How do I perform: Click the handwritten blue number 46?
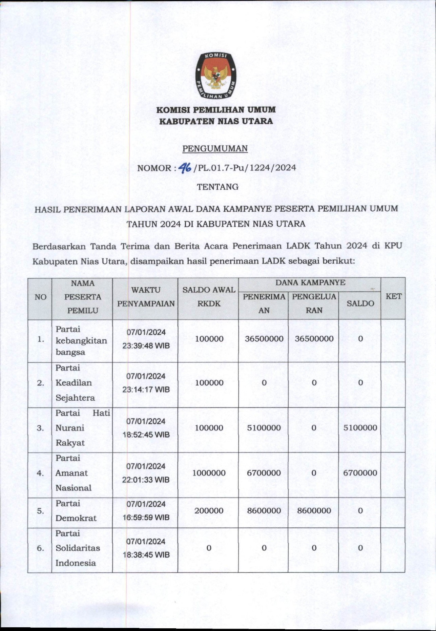tap(185, 167)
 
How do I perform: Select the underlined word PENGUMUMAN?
tap(215, 148)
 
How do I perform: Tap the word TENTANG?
tap(217, 187)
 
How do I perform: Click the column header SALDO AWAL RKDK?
tap(209, 297)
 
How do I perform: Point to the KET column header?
tap(393, 297)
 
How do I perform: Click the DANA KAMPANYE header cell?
tap(310, 283)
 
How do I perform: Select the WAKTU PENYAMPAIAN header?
tap(146, 297)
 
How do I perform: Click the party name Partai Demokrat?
tap(76, 511)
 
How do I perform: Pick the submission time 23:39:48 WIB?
tap(146, 346)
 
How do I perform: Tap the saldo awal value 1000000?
tap(209, 473)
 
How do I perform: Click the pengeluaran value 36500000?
tap(314, 339)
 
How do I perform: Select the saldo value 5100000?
tap(360, 428)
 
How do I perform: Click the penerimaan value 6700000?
tap(264, 473)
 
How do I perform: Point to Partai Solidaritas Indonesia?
tap(78, 548)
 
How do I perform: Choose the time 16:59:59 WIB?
tap(146, 518)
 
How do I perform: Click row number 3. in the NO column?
tap(40, 428)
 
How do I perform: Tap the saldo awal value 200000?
tap(209, 511)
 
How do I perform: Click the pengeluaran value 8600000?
tap(314, 511)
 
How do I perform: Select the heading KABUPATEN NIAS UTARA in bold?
tap(216, 121)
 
